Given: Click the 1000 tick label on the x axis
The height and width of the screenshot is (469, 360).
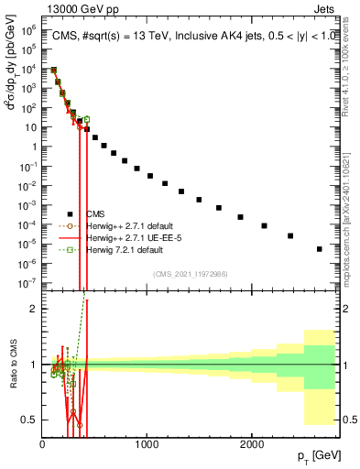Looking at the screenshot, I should (x=147, y=444).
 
